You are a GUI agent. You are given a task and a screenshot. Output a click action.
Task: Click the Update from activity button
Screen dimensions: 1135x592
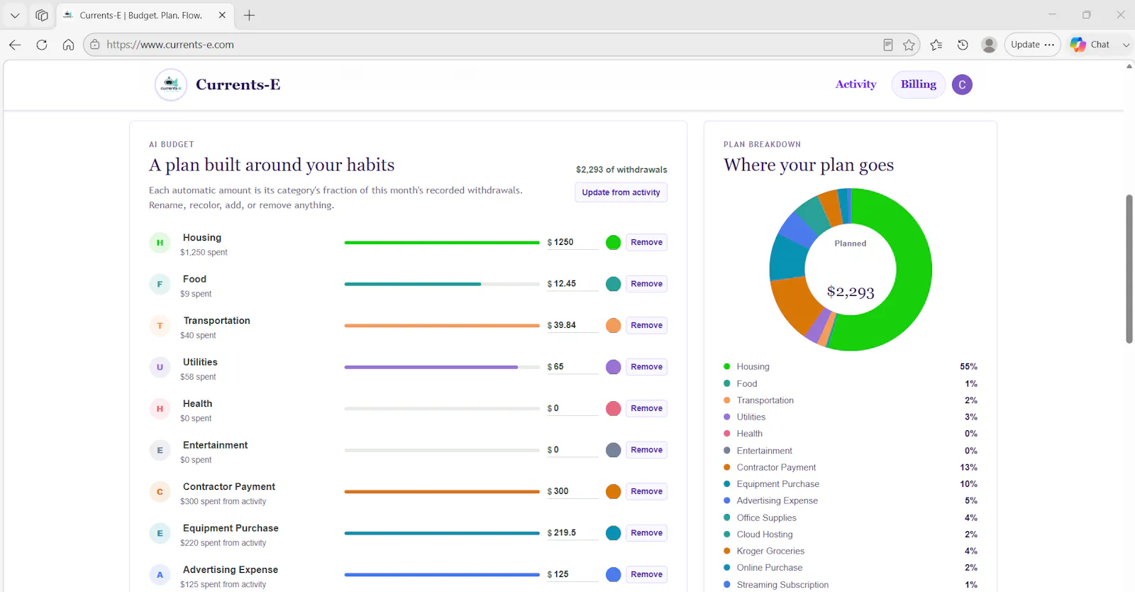(621, 192)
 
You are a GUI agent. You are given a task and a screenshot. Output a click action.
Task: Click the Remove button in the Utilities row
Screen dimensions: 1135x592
(646, 366)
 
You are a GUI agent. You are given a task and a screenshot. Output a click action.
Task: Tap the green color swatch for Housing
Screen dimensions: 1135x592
(613, 242)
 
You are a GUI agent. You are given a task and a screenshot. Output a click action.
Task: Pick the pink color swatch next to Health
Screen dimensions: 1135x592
(613, 409)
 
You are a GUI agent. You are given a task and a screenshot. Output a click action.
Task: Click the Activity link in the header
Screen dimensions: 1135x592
(856, 84)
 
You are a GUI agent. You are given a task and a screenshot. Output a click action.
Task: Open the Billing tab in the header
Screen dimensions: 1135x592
(918, 84)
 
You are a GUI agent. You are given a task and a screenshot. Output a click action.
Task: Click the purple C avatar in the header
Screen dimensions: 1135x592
(962, 84)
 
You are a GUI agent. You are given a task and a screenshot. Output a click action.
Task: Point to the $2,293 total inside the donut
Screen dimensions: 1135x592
(851, 292)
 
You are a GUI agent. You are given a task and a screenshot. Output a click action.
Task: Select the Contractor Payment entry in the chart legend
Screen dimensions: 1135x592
(776, 467)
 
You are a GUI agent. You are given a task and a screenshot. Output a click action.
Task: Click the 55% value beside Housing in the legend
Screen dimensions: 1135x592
(968, 366)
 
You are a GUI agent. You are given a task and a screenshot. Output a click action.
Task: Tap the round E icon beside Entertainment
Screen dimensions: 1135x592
(160, 450)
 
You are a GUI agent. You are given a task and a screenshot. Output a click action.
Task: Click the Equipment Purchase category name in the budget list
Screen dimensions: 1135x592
(231, 528)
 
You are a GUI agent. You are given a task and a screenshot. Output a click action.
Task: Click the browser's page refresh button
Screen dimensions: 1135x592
(42, 45)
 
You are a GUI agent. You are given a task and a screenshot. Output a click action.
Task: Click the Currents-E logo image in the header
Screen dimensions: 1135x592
(171, 84)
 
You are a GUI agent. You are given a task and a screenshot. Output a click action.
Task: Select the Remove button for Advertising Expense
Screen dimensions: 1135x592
(646, 574)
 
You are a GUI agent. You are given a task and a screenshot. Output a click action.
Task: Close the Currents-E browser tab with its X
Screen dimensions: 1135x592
(222, 15)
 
